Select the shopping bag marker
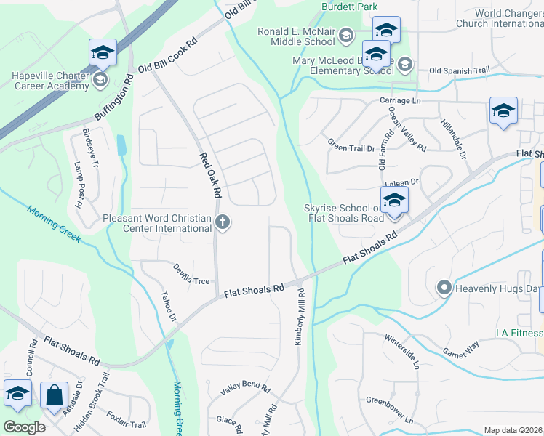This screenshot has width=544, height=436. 54,395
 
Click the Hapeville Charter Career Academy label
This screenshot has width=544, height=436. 50,81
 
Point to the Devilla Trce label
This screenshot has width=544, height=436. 191,280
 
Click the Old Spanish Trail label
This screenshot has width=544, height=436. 459,70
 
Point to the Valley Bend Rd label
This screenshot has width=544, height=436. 245,389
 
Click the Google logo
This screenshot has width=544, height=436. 24,427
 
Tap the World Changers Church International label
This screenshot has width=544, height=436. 498,18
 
